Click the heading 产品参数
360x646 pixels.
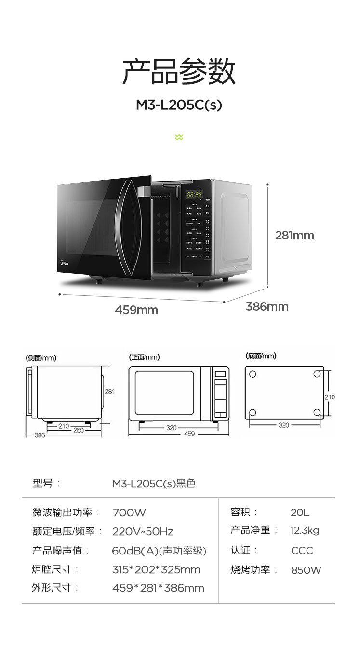[179, 72]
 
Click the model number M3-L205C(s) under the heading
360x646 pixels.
[179, 105]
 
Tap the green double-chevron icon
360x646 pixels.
[179, 137]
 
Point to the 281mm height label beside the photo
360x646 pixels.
[294, 235]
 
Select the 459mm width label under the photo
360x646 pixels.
[136, 310]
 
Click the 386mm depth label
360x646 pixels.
[267, 306]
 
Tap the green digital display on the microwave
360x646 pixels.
[194, 195]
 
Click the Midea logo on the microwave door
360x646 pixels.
[64, 264]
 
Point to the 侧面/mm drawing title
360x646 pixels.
[41, 358]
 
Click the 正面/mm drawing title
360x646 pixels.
[145, 357]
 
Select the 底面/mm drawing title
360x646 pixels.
[261, 356]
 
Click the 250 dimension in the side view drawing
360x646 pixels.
[79, 430]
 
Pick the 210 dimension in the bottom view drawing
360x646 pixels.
[330, 397]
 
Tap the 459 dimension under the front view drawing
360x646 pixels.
[189, 434]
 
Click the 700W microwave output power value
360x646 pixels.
[129, 513]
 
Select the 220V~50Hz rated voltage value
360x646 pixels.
[143, 532]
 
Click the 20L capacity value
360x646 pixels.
[300, 513]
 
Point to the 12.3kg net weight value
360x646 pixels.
[305, 531]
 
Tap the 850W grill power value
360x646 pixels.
[306, 570]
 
